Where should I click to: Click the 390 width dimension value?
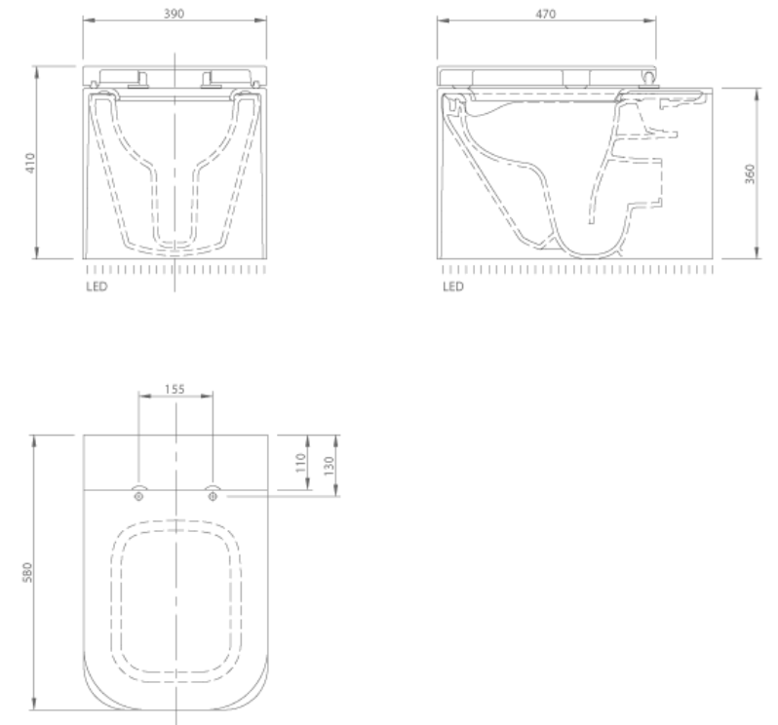(175, 14)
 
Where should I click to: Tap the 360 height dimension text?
(749, 173)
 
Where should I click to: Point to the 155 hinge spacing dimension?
(175, 388)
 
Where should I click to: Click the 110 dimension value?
(301, 460)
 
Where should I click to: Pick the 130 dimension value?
(329, 462)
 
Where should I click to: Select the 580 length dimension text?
(30, 571)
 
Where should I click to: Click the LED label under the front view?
(96, 287)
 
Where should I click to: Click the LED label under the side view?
(451, 287)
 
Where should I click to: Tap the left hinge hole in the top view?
(138, 496)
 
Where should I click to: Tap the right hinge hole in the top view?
(213, 496)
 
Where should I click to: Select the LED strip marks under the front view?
(175, 269)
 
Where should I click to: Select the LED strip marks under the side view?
(575, 269)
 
